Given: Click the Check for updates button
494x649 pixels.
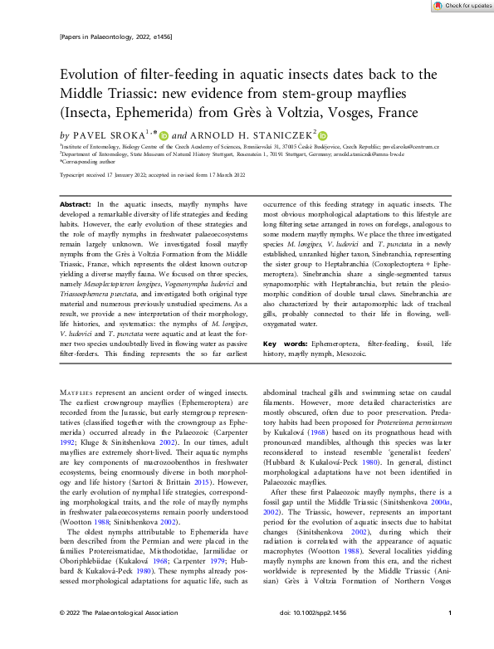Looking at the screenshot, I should pos(461,6).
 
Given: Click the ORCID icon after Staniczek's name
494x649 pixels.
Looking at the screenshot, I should pos(323,135).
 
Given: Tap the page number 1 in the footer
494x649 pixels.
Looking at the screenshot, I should pos(449,637).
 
